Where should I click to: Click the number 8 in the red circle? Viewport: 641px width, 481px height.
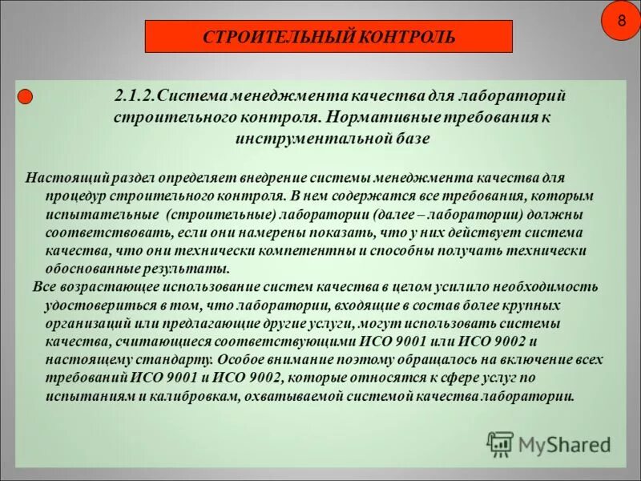621,20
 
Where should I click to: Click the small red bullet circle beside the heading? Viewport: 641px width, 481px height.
25,97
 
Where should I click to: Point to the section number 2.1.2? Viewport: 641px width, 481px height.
135,96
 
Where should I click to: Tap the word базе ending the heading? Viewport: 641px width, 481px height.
413,138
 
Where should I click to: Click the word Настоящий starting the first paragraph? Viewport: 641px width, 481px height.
54,177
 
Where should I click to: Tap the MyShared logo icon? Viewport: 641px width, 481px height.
500,443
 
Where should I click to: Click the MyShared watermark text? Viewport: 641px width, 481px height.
564,444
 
